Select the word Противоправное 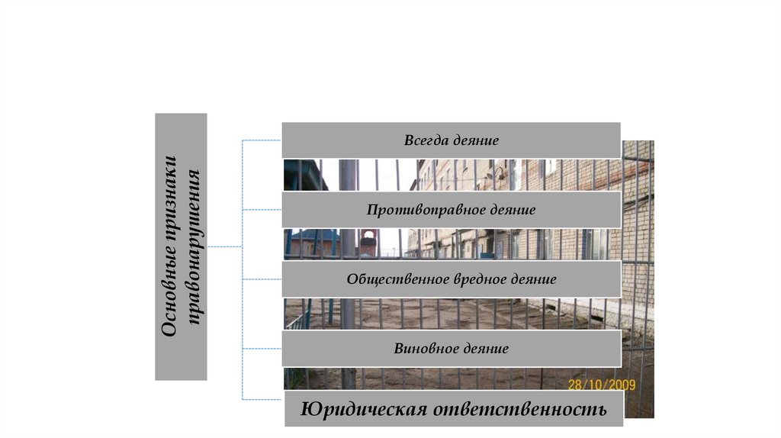click(423, 210)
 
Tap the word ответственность click(521, 410)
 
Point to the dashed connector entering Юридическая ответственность click(262, 399)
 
